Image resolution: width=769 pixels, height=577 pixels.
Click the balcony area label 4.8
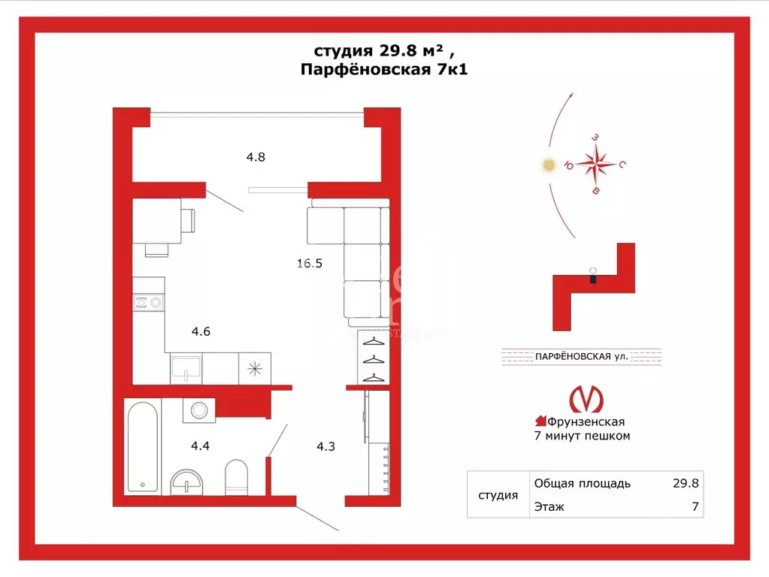[x=256, y=158]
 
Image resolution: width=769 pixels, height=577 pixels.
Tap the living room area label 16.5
[x=309, y=264]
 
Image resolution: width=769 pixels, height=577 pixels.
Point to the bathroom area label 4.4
[x=200, y=446]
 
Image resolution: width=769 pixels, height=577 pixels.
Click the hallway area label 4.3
[x=325, y=446]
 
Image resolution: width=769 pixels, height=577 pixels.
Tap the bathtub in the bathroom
[x=143, y=447]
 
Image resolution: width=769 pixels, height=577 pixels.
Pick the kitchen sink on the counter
[x=186, y=368]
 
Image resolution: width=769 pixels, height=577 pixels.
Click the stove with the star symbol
[x=256, y=368]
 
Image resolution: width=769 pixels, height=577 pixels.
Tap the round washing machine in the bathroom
[x=199, y=411]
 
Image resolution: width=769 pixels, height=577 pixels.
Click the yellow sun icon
[x=549, y=165]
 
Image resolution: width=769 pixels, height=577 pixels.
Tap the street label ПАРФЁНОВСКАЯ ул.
[x=581, y=356]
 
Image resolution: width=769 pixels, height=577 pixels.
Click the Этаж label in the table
[x=549, y=507]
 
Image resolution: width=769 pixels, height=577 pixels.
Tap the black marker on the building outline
[x=593, y=279]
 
